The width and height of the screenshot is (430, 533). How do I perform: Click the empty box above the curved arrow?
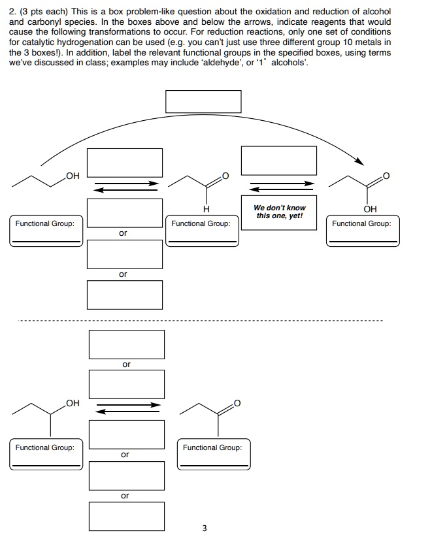point(203,101)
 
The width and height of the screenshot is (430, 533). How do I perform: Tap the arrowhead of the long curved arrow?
point(359,161)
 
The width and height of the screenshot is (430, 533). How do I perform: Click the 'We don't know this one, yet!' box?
point(279,212)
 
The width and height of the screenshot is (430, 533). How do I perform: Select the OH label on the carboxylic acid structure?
point(370,209)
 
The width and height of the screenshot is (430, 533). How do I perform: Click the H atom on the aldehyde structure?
point(206,209)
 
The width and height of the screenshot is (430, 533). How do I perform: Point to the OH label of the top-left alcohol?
point(73,176)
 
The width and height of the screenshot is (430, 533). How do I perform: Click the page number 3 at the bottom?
point(205,528)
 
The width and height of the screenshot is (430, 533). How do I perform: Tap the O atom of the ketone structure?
point(237,403)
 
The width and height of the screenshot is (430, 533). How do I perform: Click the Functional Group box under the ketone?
point(214,455)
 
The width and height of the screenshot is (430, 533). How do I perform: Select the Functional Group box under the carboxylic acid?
point(363,231)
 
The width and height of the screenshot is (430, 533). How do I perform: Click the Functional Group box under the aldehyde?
point(202,231)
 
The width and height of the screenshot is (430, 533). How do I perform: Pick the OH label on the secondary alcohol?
point(73,403)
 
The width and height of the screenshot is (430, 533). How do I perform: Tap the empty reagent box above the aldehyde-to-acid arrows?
point(279,161)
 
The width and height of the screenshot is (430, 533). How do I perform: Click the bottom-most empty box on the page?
point(127,516)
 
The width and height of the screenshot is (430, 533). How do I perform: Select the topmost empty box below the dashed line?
point(127,344)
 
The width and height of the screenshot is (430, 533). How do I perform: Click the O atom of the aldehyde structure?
point(225,176)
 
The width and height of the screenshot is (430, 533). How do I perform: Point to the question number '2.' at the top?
point(13,12)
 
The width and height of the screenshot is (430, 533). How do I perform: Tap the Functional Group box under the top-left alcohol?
point(46,231)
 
